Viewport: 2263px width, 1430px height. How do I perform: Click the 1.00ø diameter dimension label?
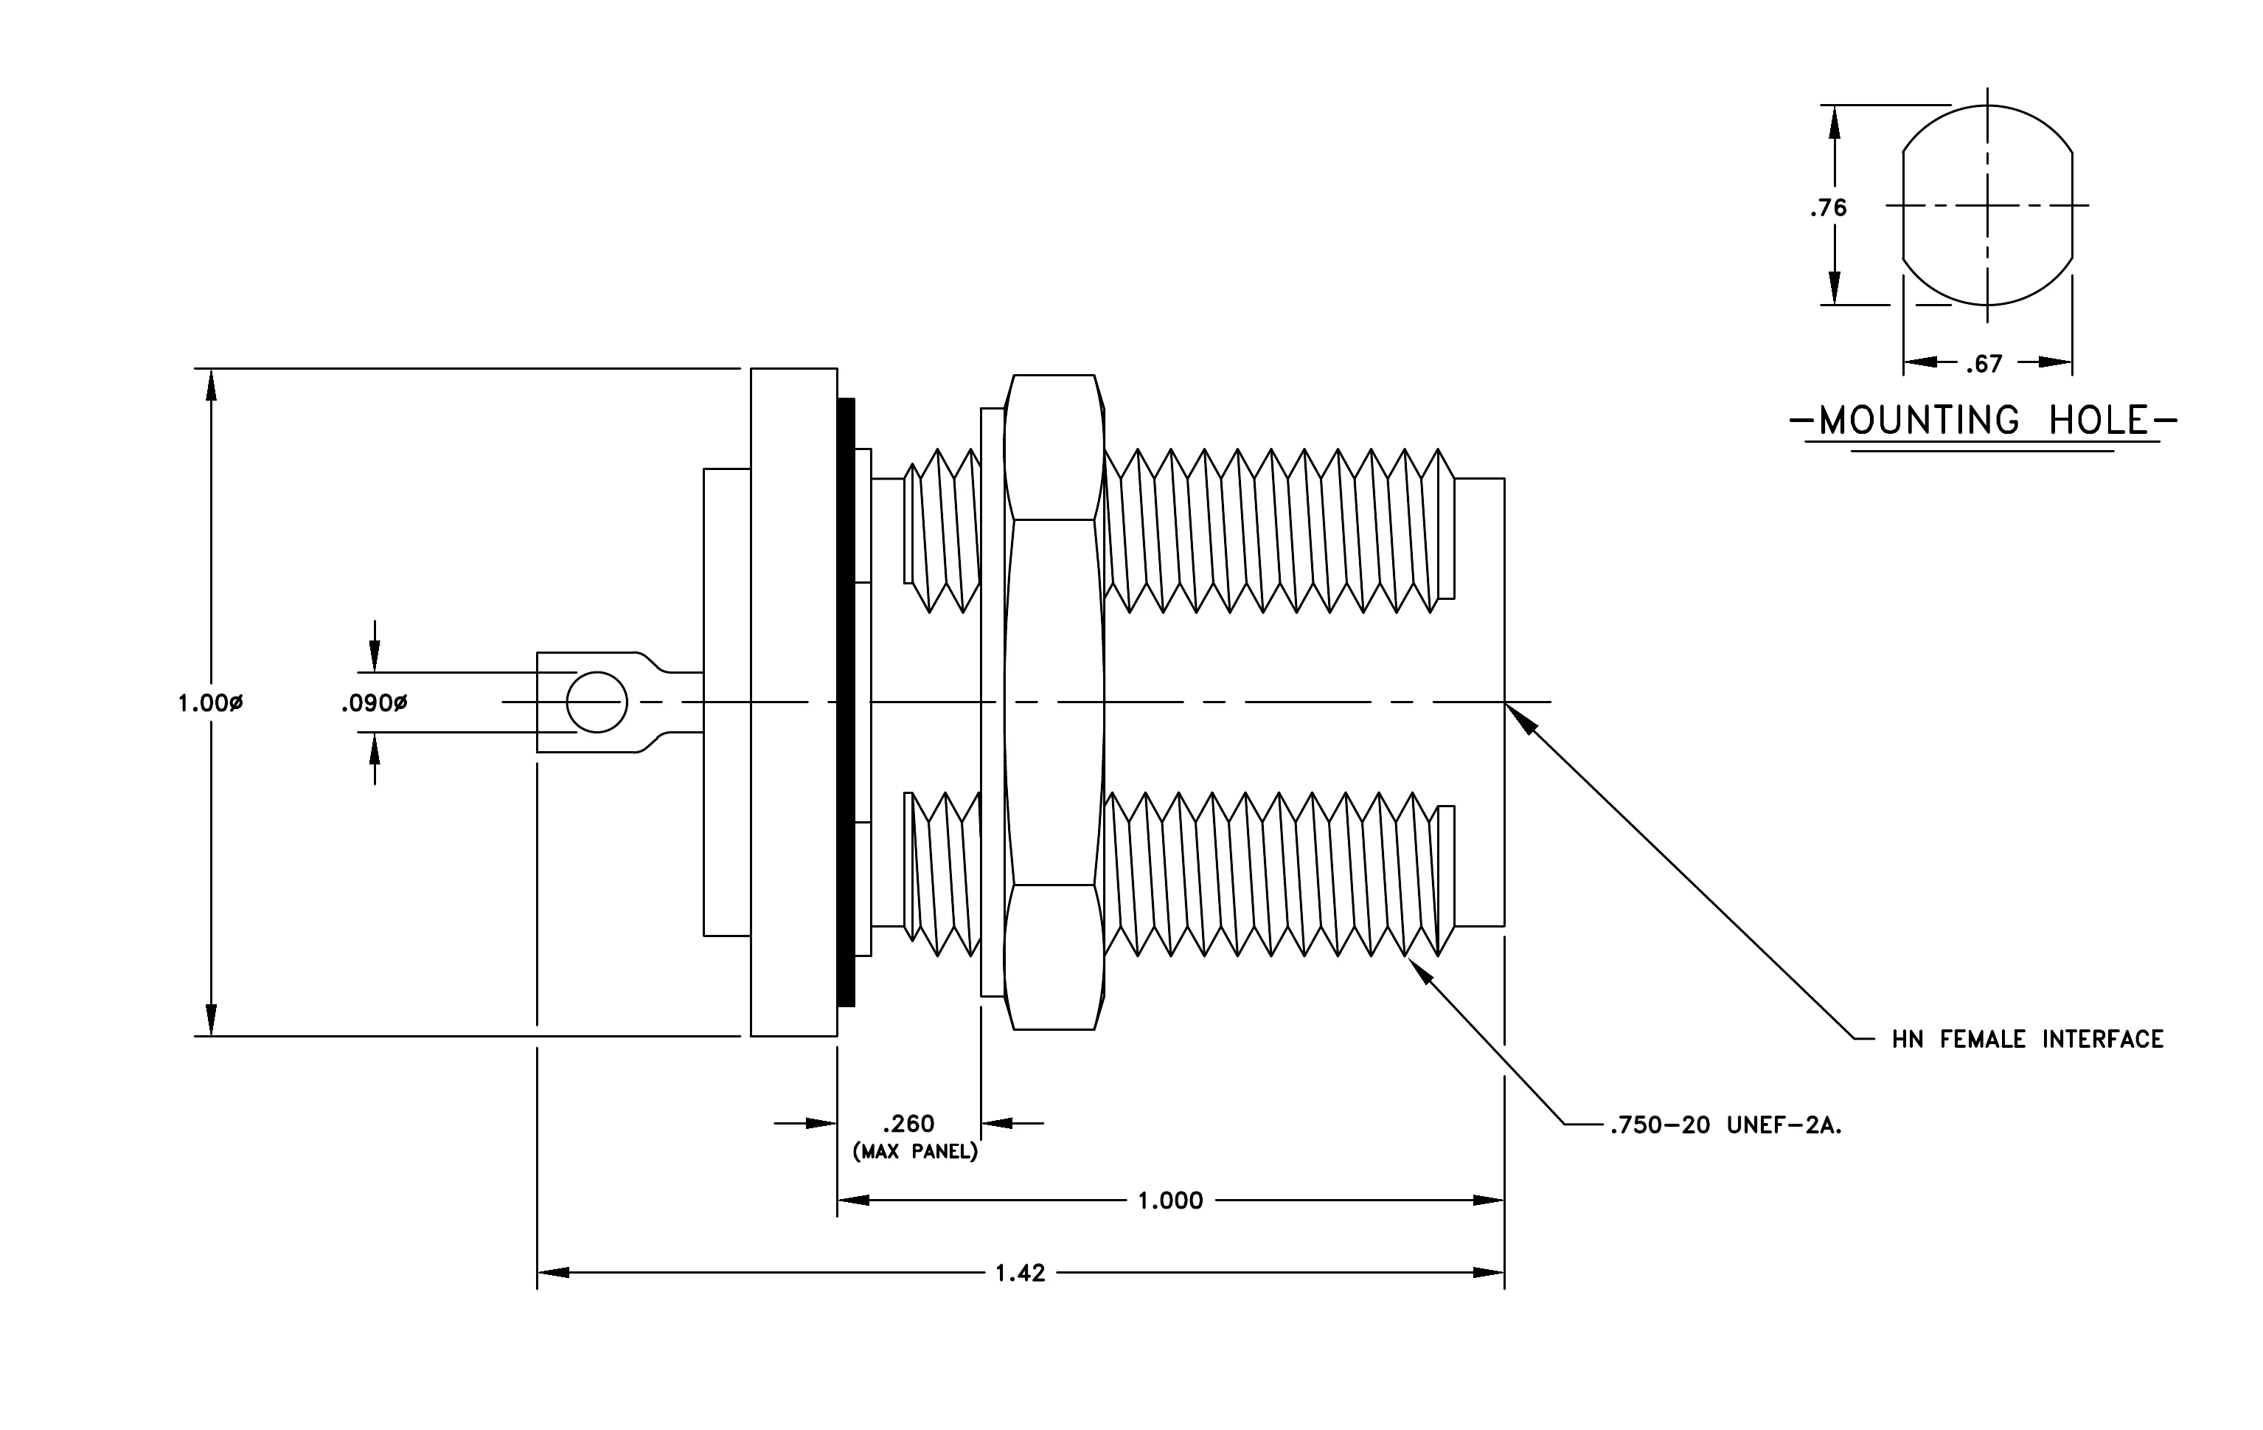(x=210, y=702)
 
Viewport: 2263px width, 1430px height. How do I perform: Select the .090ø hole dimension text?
(x=374, y=702)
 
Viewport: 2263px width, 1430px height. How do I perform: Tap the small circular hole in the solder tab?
(x=597, y=702)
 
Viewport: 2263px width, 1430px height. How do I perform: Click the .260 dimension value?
(x=908, y=1124)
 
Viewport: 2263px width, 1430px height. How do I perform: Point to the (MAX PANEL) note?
(x=915, y=1152)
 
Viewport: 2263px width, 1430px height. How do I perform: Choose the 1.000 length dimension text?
(x=1170, y=1201)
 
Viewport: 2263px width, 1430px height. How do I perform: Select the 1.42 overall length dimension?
(x=1021, y=1273)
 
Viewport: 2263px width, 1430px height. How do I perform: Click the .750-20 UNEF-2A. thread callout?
(x=1726, y=1125)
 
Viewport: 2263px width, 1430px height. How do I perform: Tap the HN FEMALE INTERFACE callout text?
(x=2028, y=1039)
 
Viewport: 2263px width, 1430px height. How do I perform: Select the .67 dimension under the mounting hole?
(x=1984, y=363)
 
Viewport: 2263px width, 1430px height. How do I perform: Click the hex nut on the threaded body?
(x=1054, y=702)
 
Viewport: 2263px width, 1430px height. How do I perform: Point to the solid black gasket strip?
(x=847, y=702)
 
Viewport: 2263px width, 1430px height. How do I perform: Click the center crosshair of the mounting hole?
(x=1988, y=205)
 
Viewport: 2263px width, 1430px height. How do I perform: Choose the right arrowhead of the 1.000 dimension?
(x=1488, y=1201)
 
